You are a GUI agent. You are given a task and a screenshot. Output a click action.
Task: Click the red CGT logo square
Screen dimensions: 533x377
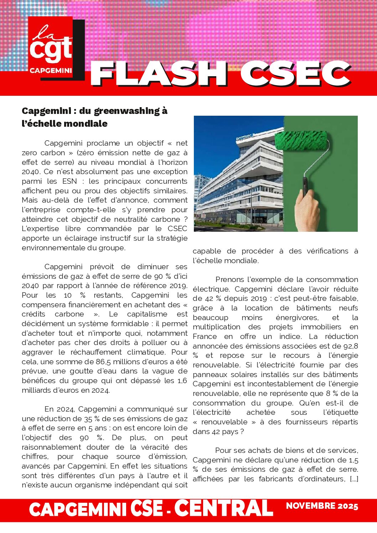pos(51,47)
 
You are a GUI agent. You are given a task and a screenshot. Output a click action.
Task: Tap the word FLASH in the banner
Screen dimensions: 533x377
pos(159,74)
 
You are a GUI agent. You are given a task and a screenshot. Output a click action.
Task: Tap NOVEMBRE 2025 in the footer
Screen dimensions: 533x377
pos(322,506)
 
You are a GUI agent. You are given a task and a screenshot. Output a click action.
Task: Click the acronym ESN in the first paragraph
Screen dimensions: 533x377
pos(69,181)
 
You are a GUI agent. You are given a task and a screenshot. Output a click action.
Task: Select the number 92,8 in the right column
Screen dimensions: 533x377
pos(351,346)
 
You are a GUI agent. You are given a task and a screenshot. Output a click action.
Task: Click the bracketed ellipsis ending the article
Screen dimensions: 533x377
pos(354,479)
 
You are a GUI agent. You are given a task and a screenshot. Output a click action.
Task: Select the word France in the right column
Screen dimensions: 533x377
pos(205,336)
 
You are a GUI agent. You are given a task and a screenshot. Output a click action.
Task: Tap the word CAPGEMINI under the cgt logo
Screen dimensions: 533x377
pos(51,70)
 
